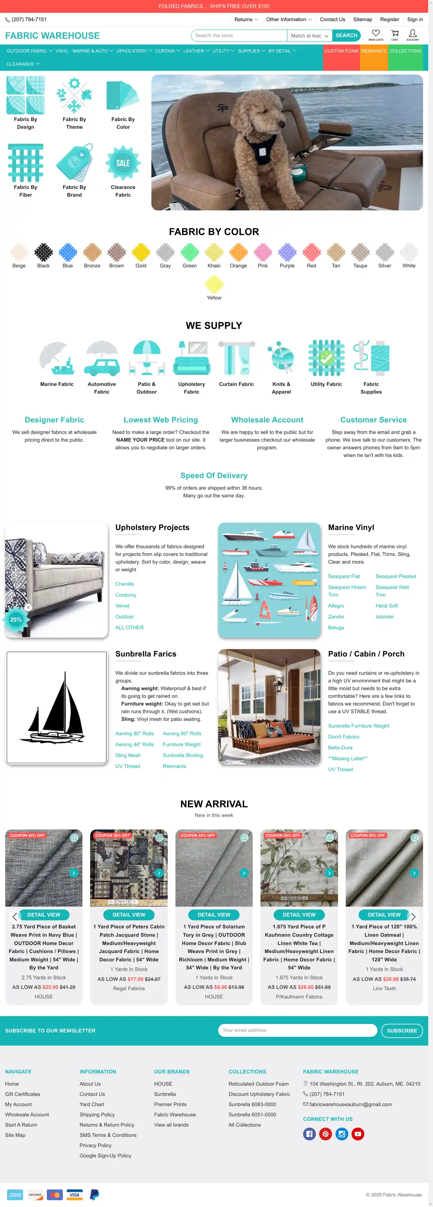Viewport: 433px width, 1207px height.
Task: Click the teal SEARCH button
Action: click(346, 36)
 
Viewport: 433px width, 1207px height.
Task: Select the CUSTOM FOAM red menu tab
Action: click(341, 51)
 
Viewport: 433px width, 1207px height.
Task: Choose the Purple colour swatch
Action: click(287, 253)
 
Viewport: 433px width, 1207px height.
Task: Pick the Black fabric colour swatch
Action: click(43, 253)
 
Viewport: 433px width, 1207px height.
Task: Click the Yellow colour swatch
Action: click(214, 284)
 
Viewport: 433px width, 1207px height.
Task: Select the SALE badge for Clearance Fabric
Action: click(123, 163)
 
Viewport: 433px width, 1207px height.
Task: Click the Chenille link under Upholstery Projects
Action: click(124, 584)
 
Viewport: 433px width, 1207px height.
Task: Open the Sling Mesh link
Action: click(128, 755)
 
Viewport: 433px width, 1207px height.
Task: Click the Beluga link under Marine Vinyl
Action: click(336, 628)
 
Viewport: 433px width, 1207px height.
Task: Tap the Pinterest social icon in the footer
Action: click(326, 1134)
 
